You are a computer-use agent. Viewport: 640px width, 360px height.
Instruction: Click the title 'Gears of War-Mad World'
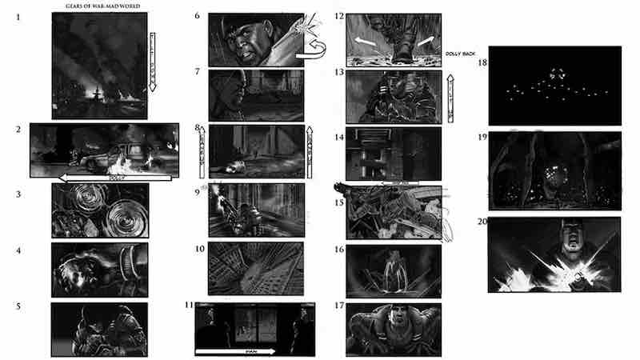point(99,7)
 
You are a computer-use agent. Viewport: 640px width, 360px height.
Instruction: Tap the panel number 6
point(197,15)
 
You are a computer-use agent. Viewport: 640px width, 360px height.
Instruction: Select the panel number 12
point(339,16)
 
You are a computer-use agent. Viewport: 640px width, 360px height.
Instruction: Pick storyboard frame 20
point(554,255)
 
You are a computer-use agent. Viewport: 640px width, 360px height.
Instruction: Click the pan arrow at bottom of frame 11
point(235,350)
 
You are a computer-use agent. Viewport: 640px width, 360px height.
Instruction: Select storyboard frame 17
point(394,329)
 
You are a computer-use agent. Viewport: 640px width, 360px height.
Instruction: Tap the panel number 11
point(189,306)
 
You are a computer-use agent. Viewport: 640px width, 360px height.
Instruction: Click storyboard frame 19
point(554,171)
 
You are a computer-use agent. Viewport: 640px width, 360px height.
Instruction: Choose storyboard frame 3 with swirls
point(99,210)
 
